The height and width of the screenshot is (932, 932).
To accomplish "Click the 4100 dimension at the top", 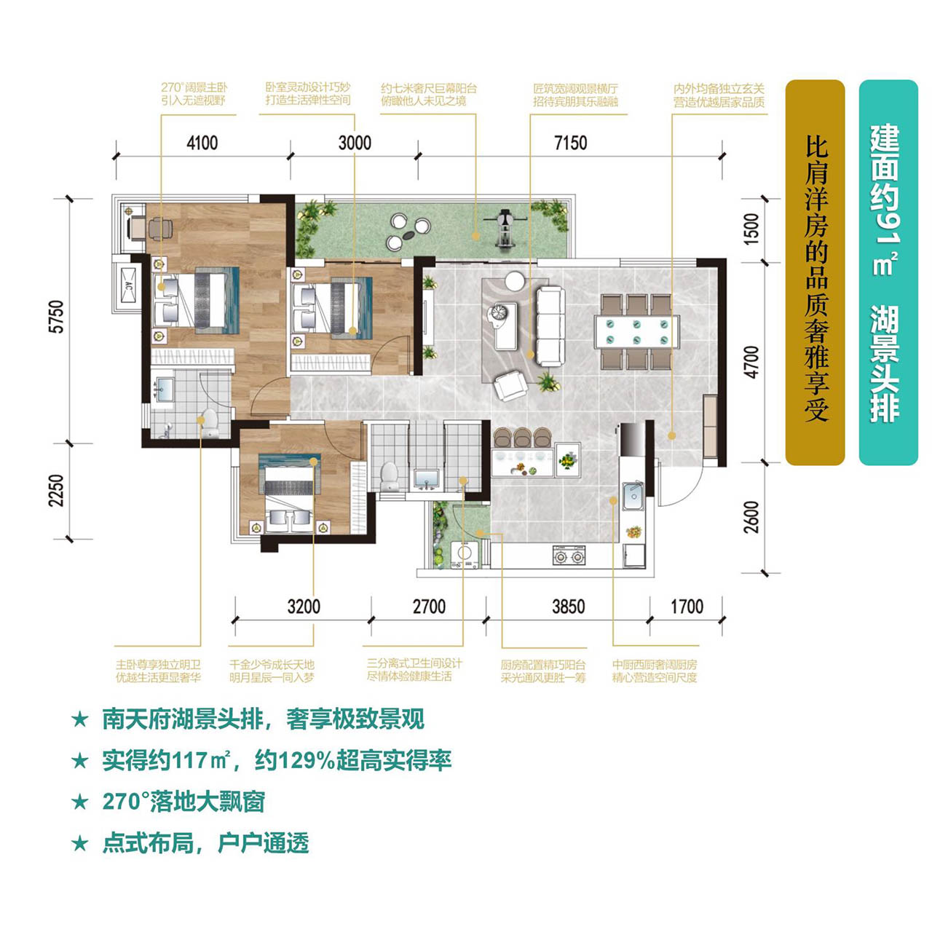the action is [202, 143].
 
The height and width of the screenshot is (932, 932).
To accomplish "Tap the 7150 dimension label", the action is [571, 143].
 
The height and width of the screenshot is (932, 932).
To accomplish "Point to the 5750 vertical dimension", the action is [57, 317].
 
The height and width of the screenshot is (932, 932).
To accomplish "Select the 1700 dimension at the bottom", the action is [687, 607].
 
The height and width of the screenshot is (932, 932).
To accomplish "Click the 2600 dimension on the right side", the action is [751, 517].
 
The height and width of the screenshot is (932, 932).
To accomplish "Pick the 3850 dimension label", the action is [568, 607].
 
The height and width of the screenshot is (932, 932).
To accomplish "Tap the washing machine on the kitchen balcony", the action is [465, 555].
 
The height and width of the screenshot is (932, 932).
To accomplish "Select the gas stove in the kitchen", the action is [569, 556].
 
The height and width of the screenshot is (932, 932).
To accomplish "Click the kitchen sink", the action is [633, 495].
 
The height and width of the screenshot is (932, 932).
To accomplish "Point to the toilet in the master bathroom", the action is [210, 424].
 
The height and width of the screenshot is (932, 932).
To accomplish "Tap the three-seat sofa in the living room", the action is [551, 326].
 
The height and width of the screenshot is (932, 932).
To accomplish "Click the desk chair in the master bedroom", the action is [161, 229].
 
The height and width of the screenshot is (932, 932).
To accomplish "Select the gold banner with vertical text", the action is [815, 272].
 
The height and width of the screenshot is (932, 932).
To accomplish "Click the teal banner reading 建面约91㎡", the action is [888, 272].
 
